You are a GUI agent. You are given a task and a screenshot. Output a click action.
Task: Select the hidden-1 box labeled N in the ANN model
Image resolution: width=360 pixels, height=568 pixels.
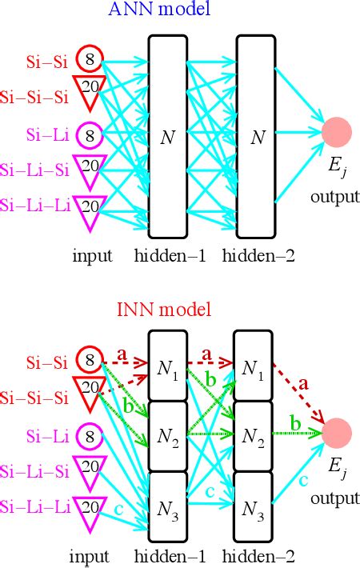coord(168,137)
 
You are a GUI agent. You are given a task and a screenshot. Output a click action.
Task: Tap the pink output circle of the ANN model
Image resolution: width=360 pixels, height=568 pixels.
coord(337,133)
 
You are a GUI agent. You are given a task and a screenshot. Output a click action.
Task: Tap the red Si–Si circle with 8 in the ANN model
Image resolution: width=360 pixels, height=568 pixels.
coord(90,58)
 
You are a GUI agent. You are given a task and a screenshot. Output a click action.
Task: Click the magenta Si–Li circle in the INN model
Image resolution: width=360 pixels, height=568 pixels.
coord(90,437)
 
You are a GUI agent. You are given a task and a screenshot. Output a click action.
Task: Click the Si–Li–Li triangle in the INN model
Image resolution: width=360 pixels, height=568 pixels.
coord(90,510)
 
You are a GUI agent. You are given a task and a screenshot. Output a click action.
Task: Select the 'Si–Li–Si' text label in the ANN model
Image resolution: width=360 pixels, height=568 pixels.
coord(34,170)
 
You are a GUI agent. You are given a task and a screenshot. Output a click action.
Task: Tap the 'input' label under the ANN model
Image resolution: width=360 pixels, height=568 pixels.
coord(91,256)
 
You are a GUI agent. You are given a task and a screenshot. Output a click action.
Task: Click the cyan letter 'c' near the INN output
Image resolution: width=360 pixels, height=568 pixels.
coord(303,480)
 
